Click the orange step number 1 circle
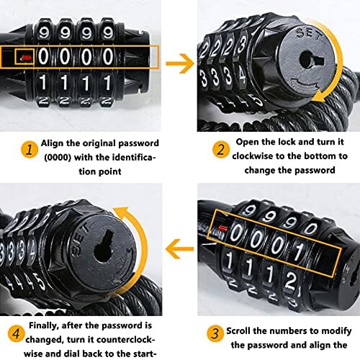coord(30,150)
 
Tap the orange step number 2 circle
coord(220,150)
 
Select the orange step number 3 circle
coord(215,333)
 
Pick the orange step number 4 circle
coord(16,333)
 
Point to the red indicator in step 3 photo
coord(223,228)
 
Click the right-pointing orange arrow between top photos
coord(180,63)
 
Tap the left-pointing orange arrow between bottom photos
coord(180,248)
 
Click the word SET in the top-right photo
coord(309,34)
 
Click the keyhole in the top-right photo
coord(311,60)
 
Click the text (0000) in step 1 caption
coord(58,158)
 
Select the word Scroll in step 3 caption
coord(238,330)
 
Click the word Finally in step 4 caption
coord(44,325)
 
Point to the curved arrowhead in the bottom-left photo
coord(122,211)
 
